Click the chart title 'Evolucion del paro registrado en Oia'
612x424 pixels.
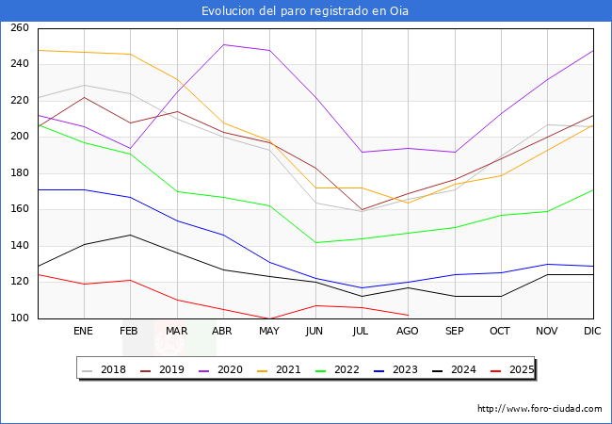[305, 11]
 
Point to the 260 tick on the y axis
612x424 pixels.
[19, 28]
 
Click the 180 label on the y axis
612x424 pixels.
[19, 173]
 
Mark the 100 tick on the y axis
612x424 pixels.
[19, 318]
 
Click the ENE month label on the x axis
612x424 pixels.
[84, 332]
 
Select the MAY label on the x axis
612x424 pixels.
[269, 332]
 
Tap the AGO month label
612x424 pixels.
[408, 332]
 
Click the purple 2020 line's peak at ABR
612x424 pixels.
[223, 44]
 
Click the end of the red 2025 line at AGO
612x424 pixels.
[408, 315]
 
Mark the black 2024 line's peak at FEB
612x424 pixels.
[131, 235]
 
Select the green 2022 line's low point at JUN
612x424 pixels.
[315, 242]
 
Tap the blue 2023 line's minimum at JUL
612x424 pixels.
[362, 287]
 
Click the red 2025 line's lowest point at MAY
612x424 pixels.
[269, 318]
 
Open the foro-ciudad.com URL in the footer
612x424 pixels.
[540, 409]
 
